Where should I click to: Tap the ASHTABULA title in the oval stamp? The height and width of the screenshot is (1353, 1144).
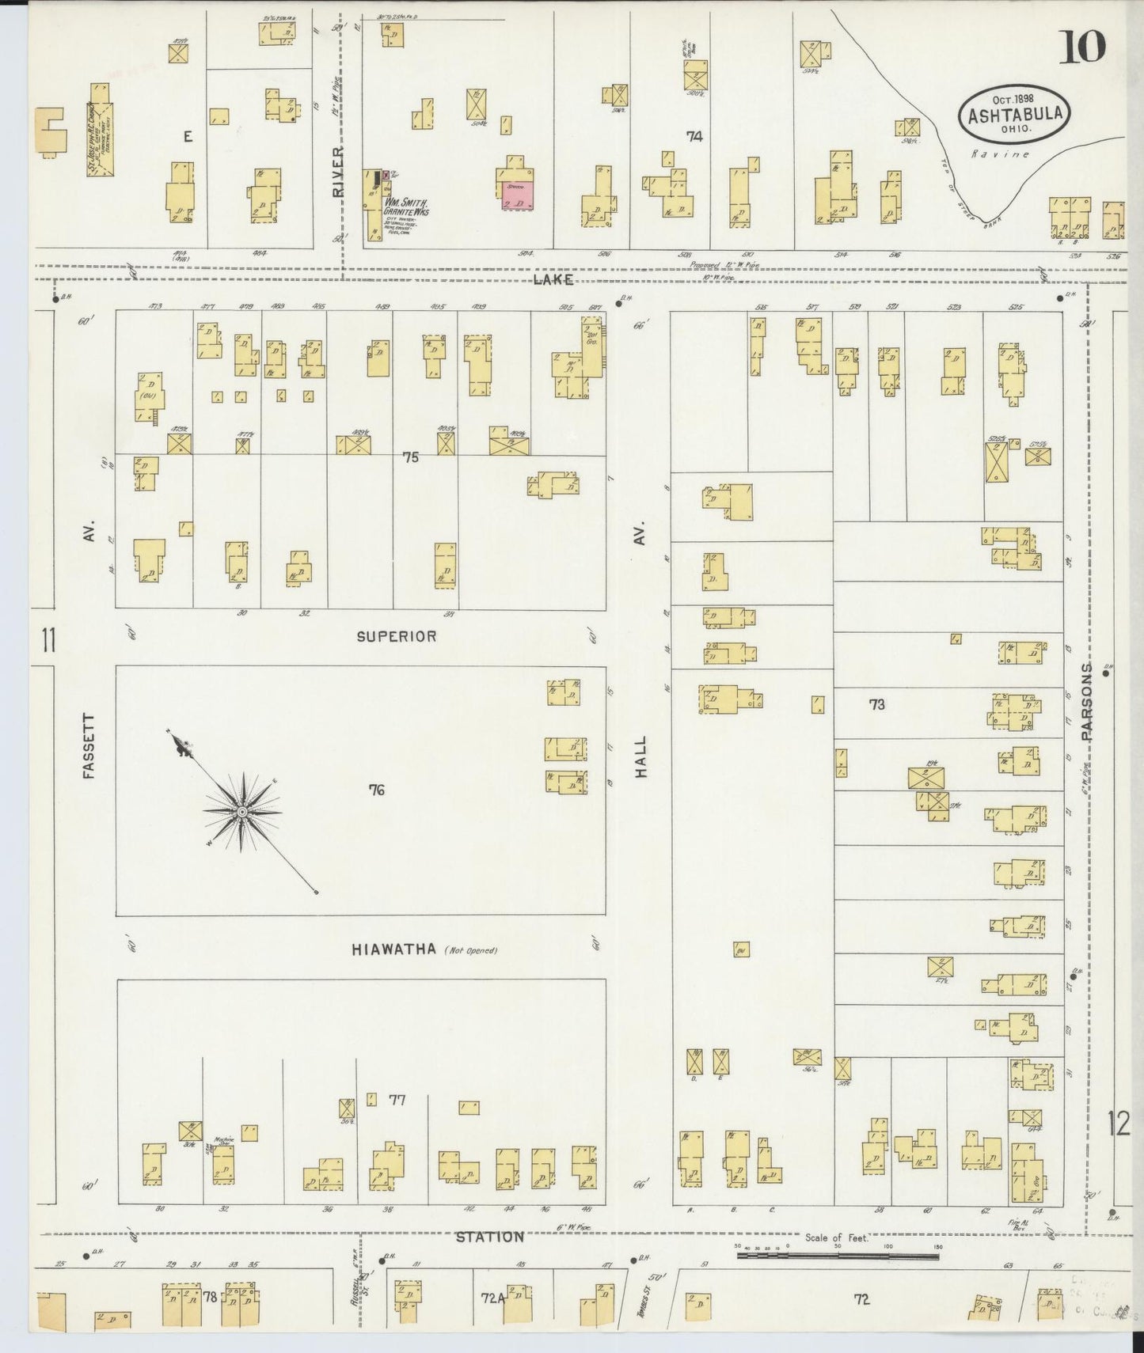click(1013, 115)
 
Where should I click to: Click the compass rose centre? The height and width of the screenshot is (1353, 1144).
click(242, 813)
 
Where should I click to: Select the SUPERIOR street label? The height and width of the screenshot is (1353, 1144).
click(397, 636)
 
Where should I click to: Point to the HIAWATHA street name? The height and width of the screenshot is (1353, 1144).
click(394, 949)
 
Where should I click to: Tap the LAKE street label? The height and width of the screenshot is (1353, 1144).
click(553, 280)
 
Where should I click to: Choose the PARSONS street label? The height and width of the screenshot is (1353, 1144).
click(1086, 702)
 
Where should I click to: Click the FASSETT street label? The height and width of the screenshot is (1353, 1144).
click(88, 746)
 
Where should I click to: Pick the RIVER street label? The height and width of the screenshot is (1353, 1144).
click(338, 171)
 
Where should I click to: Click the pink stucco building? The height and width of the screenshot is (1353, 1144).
click(518, 194)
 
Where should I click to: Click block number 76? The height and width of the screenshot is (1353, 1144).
click(376, 789)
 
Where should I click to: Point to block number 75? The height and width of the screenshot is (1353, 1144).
click(410, 457)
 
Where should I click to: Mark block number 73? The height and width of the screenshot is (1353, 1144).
click(876, 704)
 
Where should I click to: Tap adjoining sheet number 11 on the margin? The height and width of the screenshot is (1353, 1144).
click(49, 639)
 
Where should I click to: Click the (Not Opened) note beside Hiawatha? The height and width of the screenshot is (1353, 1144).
click(470, 950)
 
